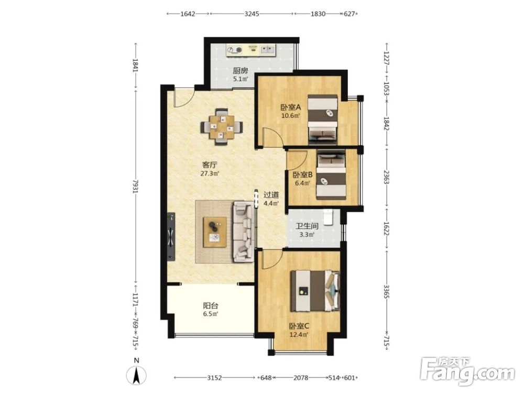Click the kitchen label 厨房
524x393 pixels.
241,71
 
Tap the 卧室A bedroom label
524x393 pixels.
290,107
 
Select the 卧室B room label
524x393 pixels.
302,174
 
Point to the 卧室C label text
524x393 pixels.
299,326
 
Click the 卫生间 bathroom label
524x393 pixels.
307,226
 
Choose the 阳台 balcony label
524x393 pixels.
211,305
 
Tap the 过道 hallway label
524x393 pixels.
271,194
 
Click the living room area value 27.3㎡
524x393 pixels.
210,173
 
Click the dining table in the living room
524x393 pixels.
221,127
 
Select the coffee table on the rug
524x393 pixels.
215,232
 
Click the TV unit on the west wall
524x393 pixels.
171,236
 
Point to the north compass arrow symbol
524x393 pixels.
136,375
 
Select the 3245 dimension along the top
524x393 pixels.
252,14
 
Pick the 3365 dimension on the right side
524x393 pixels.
386,291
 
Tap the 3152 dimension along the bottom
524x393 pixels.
214,378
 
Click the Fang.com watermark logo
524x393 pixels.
467,370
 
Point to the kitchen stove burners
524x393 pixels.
234,50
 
